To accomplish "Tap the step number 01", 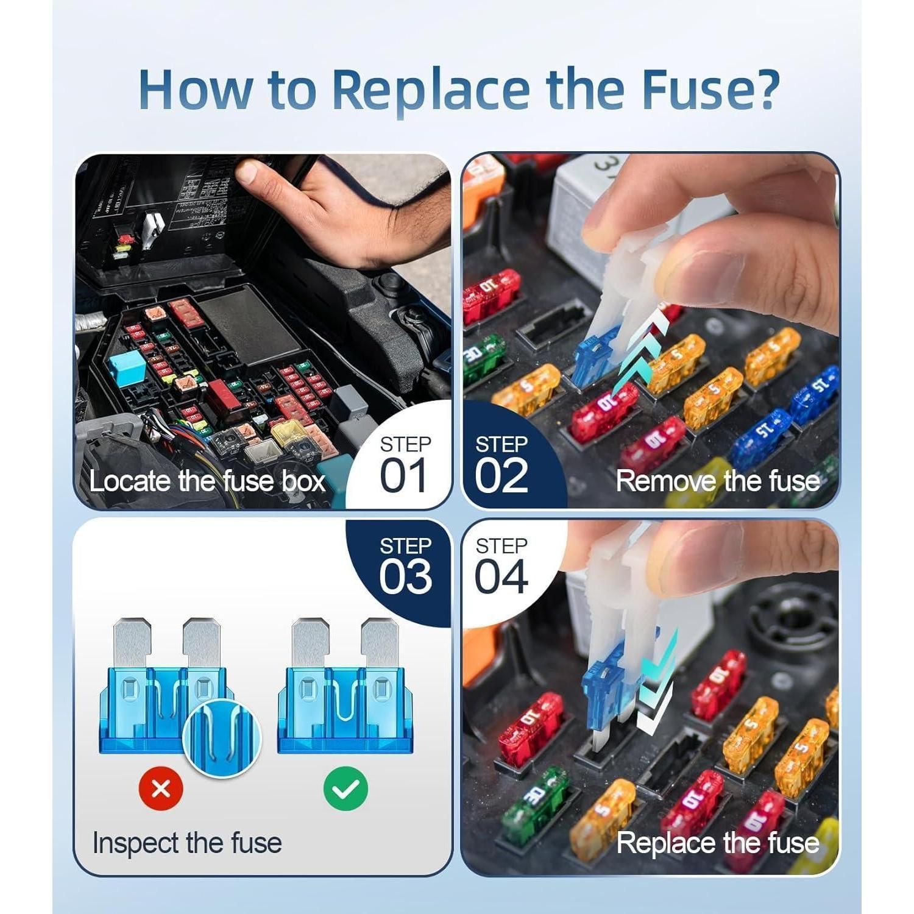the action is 404,476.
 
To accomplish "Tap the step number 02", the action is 501,476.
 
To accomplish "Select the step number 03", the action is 405,576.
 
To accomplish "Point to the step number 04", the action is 501,576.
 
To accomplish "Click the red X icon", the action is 161,788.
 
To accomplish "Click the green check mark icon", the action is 345,788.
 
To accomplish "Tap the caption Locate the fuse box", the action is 207,481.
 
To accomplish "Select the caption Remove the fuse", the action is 717,481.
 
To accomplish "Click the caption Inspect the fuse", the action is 187,843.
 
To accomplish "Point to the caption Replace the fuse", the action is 717,843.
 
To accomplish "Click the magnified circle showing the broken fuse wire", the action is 222,737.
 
